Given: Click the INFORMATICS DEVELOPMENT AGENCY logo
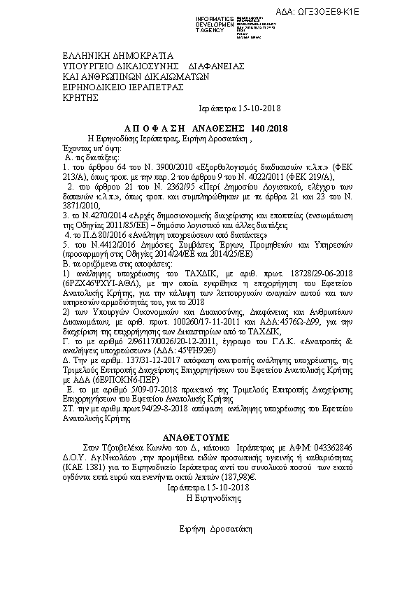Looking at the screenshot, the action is coord(221,23).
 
